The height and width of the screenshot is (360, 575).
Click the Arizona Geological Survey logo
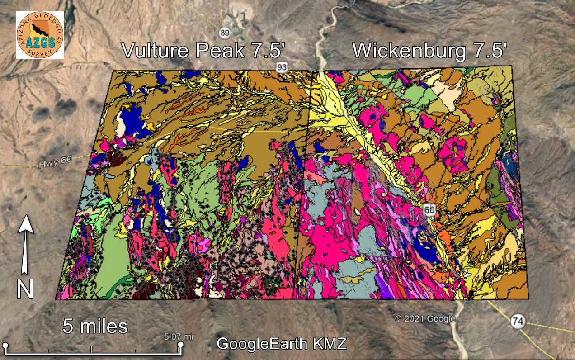[x=40, y=35]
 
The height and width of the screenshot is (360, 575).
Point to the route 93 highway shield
[x=282, y=67]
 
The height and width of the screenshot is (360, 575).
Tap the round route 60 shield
[x=429, y=210]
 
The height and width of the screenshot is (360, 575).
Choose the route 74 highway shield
[x=518, y=322]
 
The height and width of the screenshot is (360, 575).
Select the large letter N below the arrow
[x=25, y=289]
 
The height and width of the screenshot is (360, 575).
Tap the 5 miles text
[x=95, y=326]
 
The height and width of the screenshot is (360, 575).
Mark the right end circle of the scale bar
[x=180, y=346]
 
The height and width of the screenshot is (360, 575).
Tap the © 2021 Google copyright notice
[x=425, y=319]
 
